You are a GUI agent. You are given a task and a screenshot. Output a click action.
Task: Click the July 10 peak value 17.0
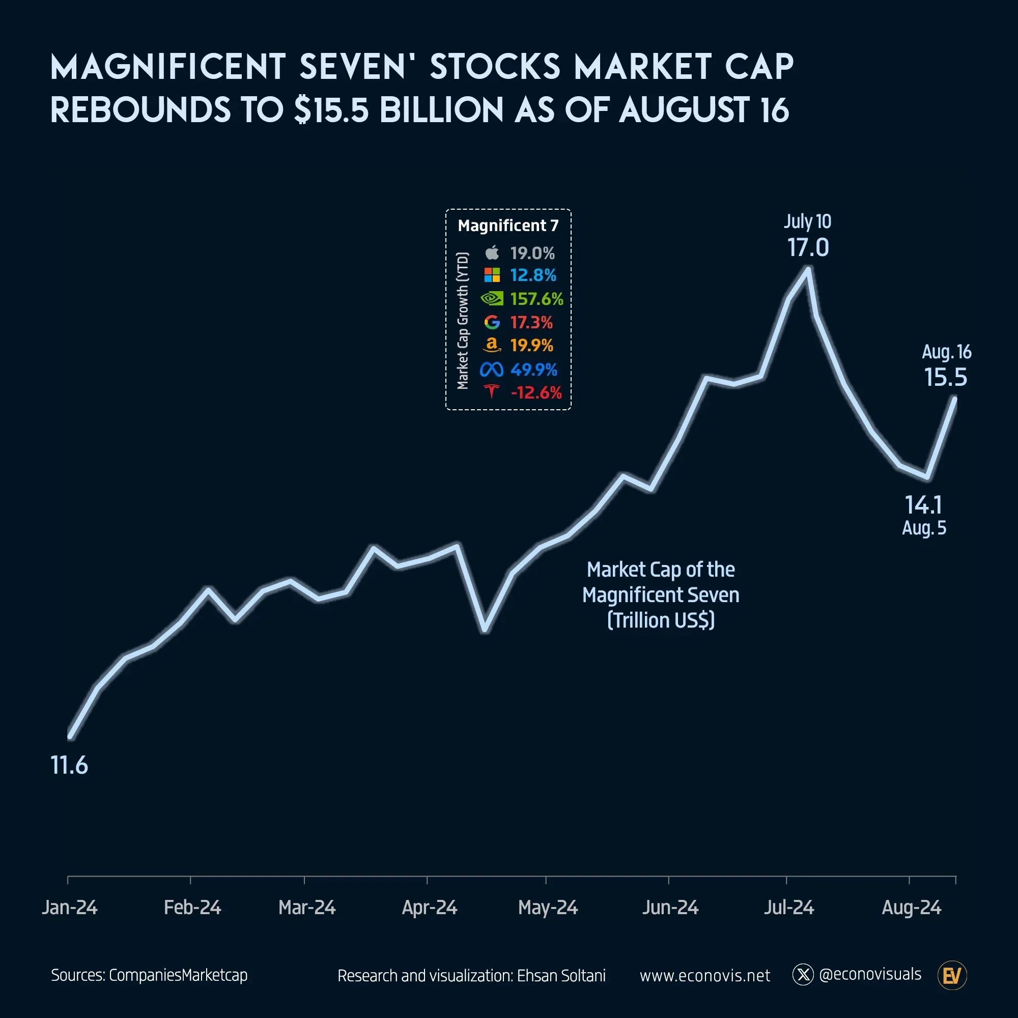click(808, 248)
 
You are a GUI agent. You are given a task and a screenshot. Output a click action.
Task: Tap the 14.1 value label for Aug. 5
click(923, 505)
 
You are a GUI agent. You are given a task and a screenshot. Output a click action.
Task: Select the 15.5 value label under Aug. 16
click(945, 377)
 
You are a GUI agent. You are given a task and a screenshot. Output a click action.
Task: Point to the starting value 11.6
click(69, 765)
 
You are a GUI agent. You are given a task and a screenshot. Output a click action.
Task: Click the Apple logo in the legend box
click(492, 253)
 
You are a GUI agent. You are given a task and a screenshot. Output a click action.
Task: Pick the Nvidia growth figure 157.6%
click(536, 299)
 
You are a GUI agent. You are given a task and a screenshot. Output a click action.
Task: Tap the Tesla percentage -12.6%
click(536, 392)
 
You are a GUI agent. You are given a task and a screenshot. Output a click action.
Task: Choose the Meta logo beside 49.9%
click(491, 370)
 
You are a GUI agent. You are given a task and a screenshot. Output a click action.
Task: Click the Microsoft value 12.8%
click(533, 275)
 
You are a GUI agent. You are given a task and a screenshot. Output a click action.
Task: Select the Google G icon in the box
click(492, 322)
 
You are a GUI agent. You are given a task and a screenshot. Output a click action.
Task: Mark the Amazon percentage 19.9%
click(531, 346)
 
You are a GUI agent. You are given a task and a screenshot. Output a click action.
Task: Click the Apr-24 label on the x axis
click(429, 908)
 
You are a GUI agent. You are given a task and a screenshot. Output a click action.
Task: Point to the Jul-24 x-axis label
click(788, 908)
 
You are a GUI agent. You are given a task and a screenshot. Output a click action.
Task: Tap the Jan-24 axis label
click(70, 908)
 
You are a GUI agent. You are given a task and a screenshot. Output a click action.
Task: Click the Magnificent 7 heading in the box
click(507, 225)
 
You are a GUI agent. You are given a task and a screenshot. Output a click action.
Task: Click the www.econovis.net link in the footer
click(704, 975)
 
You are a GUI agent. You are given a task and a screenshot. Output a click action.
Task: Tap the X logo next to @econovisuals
click(803, 975)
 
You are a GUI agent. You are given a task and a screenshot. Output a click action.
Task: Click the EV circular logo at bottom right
click(952, 976)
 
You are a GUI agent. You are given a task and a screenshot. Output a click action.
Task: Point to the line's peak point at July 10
click(808, 270)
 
